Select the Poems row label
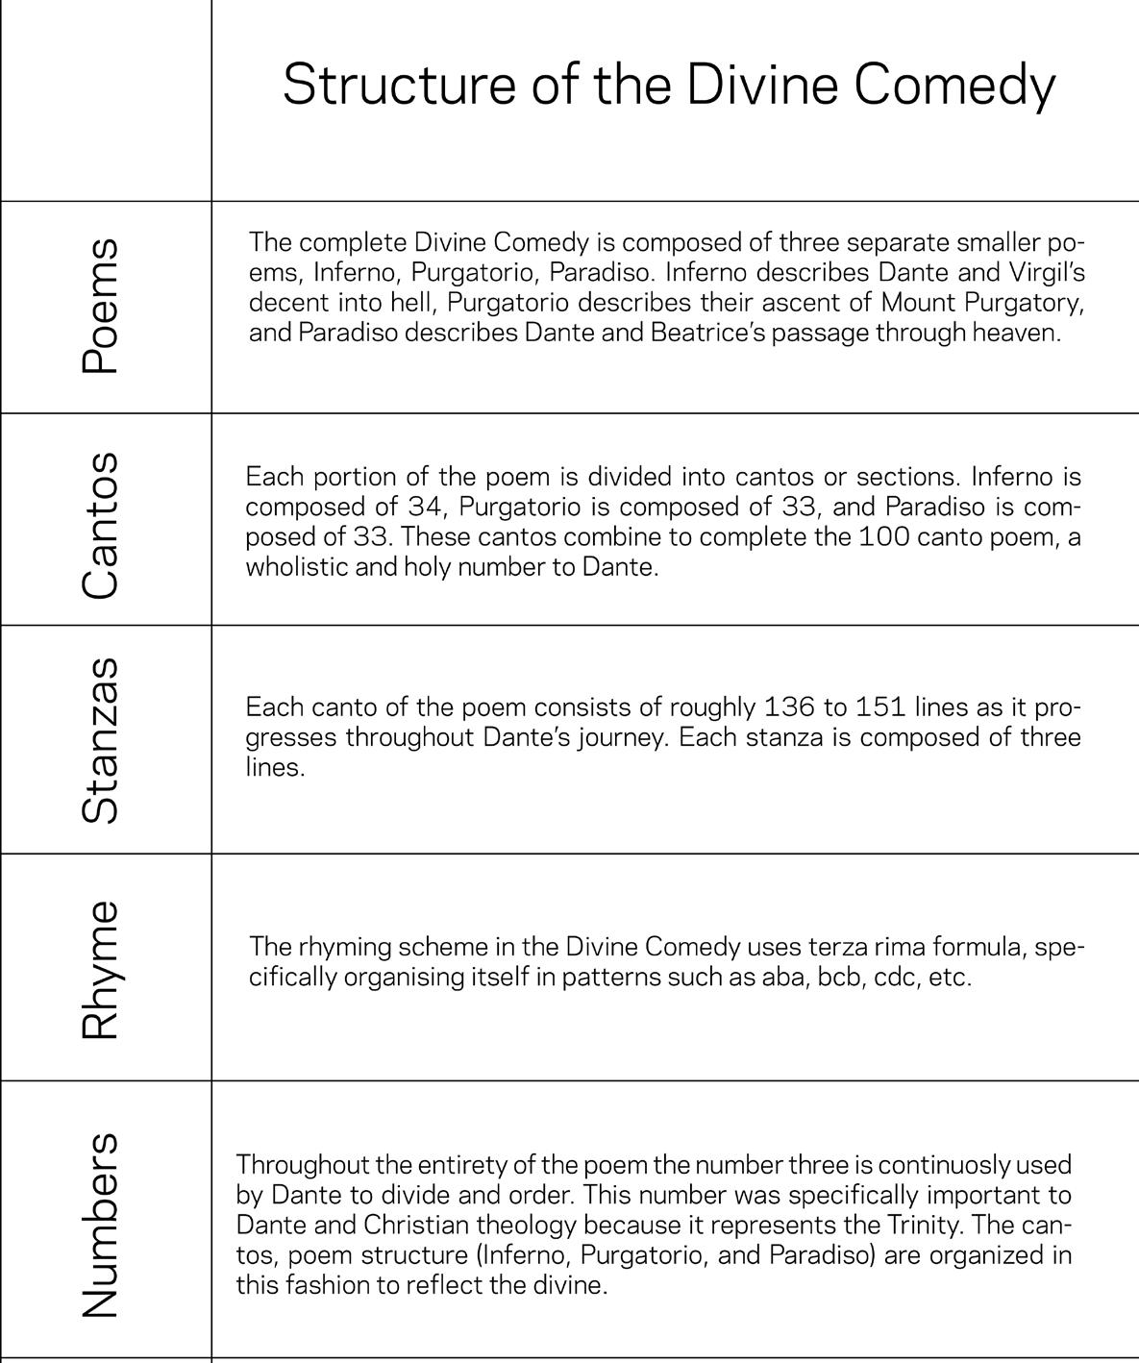point(101,307)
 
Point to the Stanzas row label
point(101,739)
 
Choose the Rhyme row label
point(101,969)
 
